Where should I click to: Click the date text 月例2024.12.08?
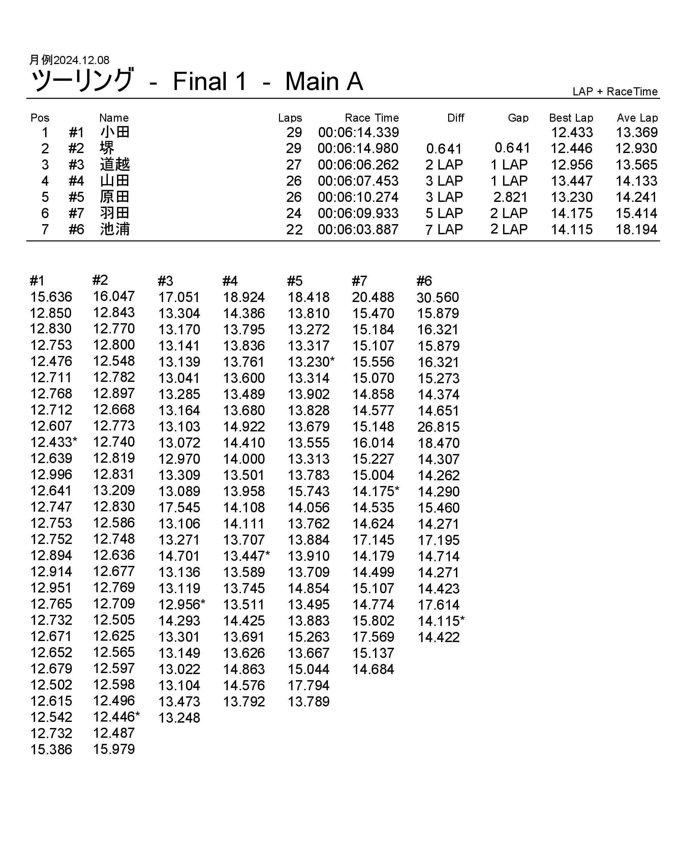[x=69, y=60]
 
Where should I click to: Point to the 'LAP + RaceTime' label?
[x=615, y=92]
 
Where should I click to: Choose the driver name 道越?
[x=115, y=164]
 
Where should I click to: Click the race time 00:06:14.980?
[x=358, y=148]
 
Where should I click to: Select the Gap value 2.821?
[x=510, y=197]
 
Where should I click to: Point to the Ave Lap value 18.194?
[x=636, y=230]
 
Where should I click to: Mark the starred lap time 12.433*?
[x=54, y=442]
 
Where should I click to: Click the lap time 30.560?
[x=438, y=298]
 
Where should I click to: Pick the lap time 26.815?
[x=438, y=427]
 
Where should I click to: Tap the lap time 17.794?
[x=308, y=686]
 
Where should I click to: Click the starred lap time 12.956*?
[x=182, y=604]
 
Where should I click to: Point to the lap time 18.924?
[x=244, y=297]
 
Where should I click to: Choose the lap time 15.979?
[x=114, y=749]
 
